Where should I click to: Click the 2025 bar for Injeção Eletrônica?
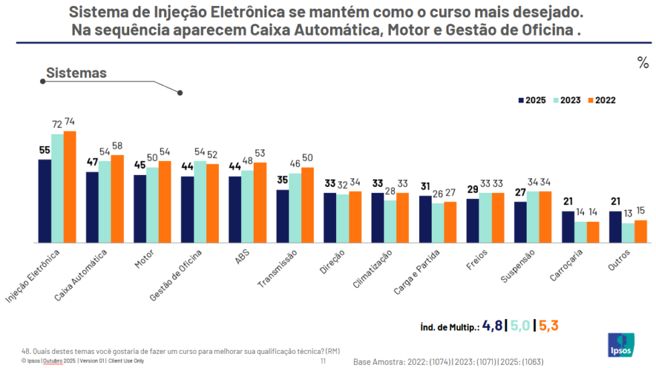click(x=44, y=200)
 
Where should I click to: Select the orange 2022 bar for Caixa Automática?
click(x=117, y=198)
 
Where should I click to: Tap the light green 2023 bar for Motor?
click(x=153, y=204)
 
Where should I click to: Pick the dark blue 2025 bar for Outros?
click(x=617, y=227)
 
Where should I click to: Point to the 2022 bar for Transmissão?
click(x=307, y=204)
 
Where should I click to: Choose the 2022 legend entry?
click(x=601, y=100)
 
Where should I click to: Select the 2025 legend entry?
click(x=531, y=100)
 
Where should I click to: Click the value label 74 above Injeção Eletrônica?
click(x=69, y=122)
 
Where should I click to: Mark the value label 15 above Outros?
click(x=641, y=211)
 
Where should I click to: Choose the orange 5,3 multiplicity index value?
click(x=548, y=326)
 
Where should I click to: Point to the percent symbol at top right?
click(x=643, y=63)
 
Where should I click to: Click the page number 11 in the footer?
click(x=323, y=361)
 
